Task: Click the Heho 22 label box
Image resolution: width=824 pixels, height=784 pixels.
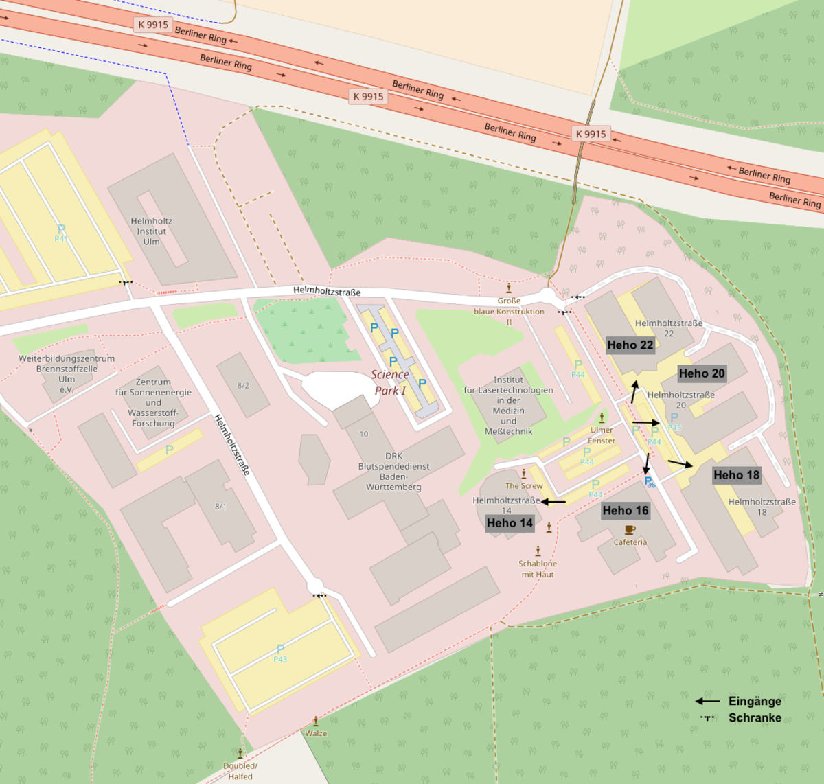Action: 630,345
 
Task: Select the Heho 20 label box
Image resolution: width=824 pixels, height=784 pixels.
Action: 701,373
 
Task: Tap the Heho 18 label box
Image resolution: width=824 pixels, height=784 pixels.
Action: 736,475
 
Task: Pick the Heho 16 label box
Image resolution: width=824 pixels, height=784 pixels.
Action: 625,510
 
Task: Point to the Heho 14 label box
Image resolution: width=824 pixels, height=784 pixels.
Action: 510,523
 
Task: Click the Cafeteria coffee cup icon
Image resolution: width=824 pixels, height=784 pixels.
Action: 630,529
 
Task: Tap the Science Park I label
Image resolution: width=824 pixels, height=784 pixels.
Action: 389,382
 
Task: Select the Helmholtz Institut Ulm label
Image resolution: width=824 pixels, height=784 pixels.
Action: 151,231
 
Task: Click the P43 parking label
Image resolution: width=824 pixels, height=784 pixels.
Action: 280,659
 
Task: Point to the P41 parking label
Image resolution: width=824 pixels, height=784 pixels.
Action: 61,238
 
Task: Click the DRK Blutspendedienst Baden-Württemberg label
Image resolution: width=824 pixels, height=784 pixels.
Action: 393,472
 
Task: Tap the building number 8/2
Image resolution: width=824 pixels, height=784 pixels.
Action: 243,386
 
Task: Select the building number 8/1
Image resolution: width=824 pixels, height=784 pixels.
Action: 220,507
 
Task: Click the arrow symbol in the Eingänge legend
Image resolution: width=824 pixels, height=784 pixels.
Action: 707,701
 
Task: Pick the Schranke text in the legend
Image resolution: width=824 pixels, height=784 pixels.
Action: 755,717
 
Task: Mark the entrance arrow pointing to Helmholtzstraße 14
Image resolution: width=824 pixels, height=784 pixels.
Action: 553,502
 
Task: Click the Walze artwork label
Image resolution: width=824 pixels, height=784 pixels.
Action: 316,733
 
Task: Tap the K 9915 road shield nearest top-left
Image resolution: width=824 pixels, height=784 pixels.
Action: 153,25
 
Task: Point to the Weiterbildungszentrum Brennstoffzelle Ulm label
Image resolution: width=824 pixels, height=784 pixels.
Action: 67,374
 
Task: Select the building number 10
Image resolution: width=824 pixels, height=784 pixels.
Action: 364,434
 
